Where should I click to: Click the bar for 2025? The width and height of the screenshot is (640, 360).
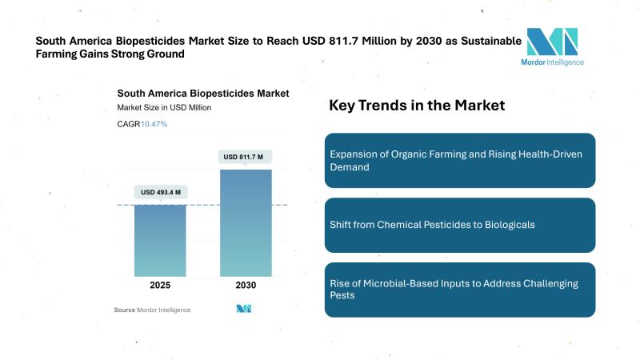pos(160,240)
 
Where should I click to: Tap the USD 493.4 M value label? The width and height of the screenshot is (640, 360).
pos(160,192)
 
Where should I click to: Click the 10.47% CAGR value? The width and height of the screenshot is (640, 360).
pos(154,124)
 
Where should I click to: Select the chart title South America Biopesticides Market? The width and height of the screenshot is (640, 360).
pos(202,93)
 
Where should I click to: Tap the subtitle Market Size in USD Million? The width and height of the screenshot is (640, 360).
pos(164,107)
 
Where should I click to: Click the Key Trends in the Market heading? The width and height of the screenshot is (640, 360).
pos(417,106)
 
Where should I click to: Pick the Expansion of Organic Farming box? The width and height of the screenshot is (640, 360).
pos(460,160)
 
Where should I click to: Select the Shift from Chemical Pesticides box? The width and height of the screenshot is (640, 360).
pos(460,225)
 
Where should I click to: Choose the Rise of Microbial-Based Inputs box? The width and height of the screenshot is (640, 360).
pos(460,290)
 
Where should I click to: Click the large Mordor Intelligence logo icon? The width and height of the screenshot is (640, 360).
pos(552,42)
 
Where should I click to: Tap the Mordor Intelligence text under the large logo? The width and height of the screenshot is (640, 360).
pos(553,62)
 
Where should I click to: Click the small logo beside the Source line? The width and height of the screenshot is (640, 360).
pos(245,309)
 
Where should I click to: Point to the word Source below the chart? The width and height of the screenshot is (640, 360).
pos(124,310)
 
